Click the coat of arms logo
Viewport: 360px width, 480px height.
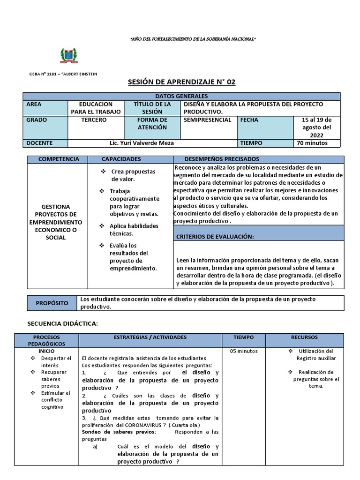[x=69, y=55]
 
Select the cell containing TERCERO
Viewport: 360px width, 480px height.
[x=94, y=120]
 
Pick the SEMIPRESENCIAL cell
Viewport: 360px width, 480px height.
[x=208, y=120]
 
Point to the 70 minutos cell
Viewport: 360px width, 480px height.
[x=312, y=143]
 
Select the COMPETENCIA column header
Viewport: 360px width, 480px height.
[x=59, y=159]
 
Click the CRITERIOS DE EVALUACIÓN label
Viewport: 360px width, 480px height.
[x=215, y=237]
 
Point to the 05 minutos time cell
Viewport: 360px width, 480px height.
[x=243, y=352]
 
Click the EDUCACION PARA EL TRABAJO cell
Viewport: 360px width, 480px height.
[x=96, y=108]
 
